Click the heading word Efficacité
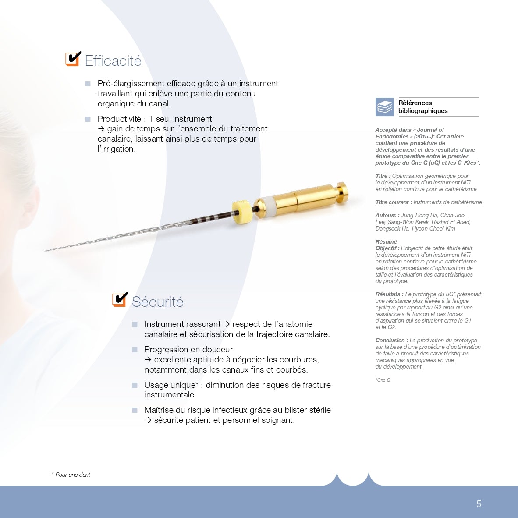click(x=113, y=61)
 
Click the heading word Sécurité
click(x=158, y=302)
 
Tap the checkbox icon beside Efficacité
click(x=73, y=59)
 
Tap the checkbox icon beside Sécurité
click(x=120, y=299)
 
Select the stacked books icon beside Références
click(x=385, y=107)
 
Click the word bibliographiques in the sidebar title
click(x=423, y=111)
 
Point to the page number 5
click(x=479, y=504)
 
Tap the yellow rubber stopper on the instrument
click(x=242, y=212)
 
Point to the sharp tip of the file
click(x=46, y=251)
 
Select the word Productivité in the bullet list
click(x=119, y=119)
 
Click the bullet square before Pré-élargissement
click(x=88, y=84)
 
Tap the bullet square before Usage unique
click(x=135, y=385)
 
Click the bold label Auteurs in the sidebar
click(x=387, y=215)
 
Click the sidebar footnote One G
click(x=383, y=380)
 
